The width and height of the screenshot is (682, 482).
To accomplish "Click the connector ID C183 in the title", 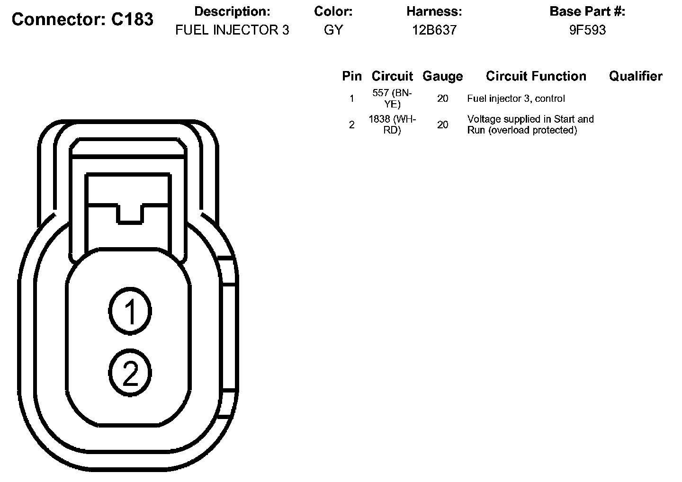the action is (132, 19).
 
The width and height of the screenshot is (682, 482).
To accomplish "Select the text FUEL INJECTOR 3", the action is (232, 30).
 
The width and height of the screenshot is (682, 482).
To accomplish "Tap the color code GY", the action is (333, 30).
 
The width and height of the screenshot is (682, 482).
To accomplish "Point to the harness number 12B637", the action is (434, 30).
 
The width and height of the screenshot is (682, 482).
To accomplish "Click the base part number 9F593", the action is (587, 30).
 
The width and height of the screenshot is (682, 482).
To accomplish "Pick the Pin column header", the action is (352, 76).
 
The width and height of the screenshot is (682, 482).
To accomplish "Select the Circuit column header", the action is (392, 76).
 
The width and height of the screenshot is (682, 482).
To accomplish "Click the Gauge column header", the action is (442, 76).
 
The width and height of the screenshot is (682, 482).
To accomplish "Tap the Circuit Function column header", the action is (536, 76).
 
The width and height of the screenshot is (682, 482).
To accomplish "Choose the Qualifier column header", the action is (636, 76).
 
